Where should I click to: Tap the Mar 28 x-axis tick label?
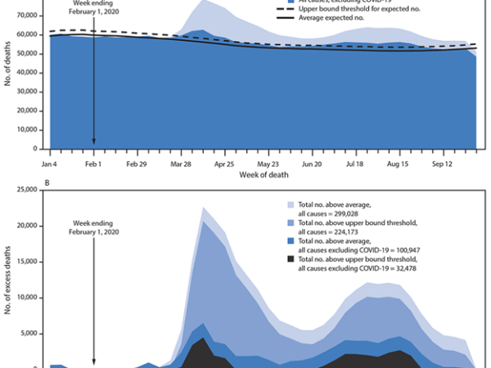182,164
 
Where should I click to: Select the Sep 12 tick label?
443,164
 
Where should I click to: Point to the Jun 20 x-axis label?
312,164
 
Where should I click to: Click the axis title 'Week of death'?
264,175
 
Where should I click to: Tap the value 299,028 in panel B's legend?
349,221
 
